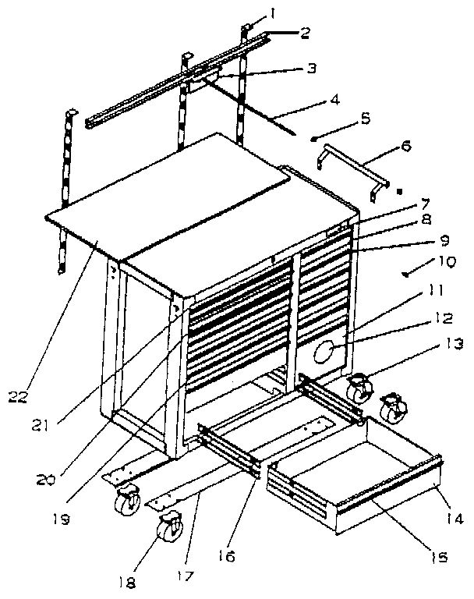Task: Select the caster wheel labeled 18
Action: pos(168,530)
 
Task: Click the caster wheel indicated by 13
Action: pos(359,388)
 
